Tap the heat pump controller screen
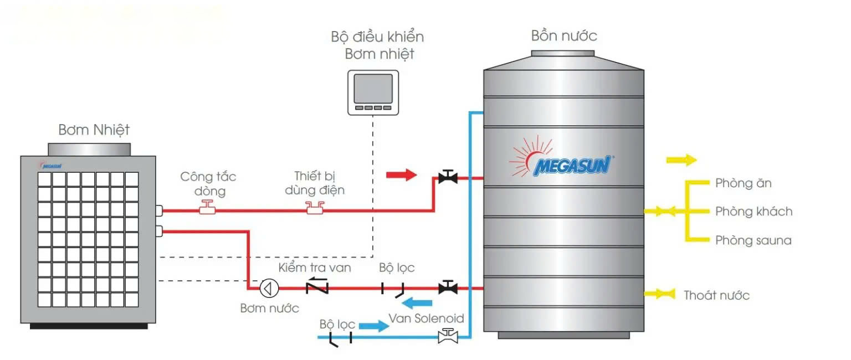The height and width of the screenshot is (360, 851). (x=373, y=88)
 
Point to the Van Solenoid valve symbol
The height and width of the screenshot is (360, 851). (x=447, y=335)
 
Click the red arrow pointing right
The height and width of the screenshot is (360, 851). (x=401, y=176)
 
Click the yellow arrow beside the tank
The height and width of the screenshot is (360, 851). (x=681, y=160)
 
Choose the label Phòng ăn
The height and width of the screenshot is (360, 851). (x=743, y=183)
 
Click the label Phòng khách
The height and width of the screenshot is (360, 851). (x=753, y=212)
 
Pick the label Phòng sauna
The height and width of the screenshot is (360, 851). (x=753, y=240)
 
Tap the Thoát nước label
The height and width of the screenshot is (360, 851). (x=716, y=295)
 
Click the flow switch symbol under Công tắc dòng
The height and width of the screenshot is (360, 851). (x=208, y=209)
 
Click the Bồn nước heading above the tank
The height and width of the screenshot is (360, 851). (x=564, y=37)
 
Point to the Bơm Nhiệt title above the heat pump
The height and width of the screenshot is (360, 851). (x=94, y=130)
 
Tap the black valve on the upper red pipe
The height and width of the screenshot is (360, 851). (x=447, y=177)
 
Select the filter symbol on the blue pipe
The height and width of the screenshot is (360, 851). (x=340, y=339)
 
